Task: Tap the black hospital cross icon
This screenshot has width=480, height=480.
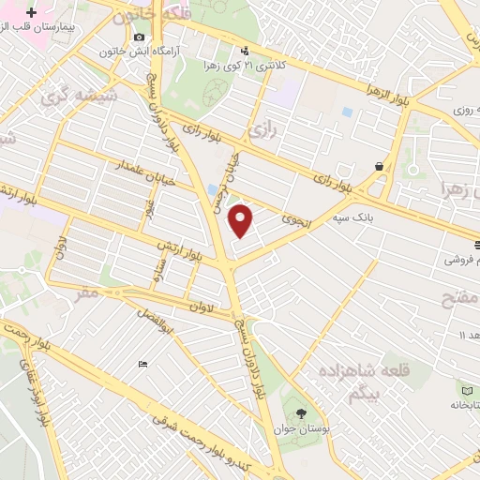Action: [33, 15]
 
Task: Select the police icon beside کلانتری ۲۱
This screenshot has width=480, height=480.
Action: [245, 51]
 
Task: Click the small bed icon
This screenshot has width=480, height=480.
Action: [142, 364]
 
